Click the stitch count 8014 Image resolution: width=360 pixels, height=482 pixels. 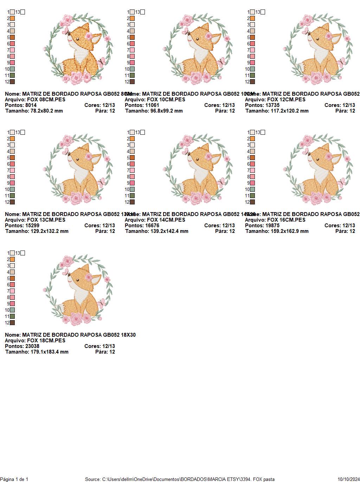coord(31,105)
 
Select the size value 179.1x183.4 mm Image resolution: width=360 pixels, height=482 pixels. coord(47,352)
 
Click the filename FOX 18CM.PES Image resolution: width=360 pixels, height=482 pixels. coord(46,341)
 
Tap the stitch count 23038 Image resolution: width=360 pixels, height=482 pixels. coord(32,346)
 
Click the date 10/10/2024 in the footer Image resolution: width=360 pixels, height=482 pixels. coord(348,479)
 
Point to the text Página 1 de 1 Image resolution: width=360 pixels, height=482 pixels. coord(14,479)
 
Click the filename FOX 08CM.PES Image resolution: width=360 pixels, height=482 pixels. coord(46,100)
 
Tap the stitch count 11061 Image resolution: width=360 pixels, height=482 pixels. coord(152,105)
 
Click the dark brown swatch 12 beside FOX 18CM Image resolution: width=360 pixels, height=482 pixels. coord(12,323)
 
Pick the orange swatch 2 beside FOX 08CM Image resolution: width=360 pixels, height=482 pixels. coord(12,18)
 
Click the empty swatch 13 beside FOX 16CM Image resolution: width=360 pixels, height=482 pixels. coord(263,133)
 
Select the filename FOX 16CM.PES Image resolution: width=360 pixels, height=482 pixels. coord(286,220)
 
